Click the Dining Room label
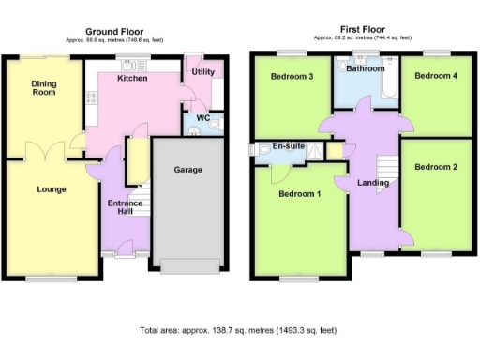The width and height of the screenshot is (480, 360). coord(44,87)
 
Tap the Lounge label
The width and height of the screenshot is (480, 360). coord(51,189)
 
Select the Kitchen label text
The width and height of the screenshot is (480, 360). coord(132,79)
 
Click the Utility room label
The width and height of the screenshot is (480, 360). coord(202,72)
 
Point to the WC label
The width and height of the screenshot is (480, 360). coord(202,118)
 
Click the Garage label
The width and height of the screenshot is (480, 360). coord(187,171)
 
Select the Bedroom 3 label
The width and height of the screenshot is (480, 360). coord(292,76)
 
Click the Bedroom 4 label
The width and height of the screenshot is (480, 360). coord(435,76)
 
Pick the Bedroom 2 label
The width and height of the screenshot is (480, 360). coord(435,167)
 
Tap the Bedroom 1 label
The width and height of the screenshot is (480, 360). coord(299,194)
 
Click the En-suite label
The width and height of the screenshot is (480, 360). coord(288,147)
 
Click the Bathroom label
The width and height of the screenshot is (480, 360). coord(366,68)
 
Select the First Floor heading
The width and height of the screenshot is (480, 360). coord(361,31)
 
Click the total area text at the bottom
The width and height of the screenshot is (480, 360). coord(238,331)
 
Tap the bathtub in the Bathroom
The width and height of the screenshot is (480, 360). coord(386,91)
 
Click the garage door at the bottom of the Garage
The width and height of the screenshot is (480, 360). coord(187,265)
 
